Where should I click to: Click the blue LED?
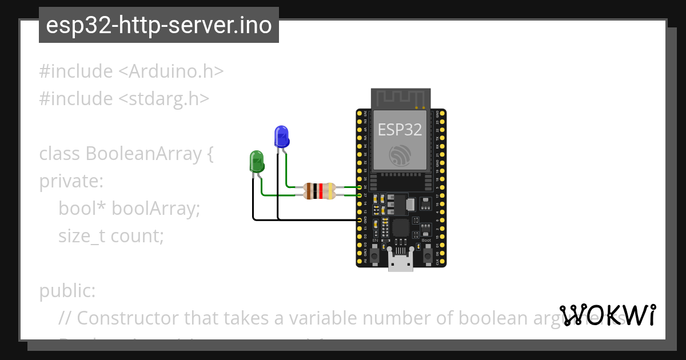point(281,137)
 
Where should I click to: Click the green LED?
point(257,162)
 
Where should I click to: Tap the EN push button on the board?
point(374,255)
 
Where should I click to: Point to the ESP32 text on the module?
point(400,129)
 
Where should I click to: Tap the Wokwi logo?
point(608,315)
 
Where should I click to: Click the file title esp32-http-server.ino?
point(159,25)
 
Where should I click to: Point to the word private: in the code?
point(71,181)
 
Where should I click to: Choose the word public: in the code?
point(67,291)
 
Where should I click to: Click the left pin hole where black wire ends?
point(360,219)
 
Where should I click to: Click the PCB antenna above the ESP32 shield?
point(400,98)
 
